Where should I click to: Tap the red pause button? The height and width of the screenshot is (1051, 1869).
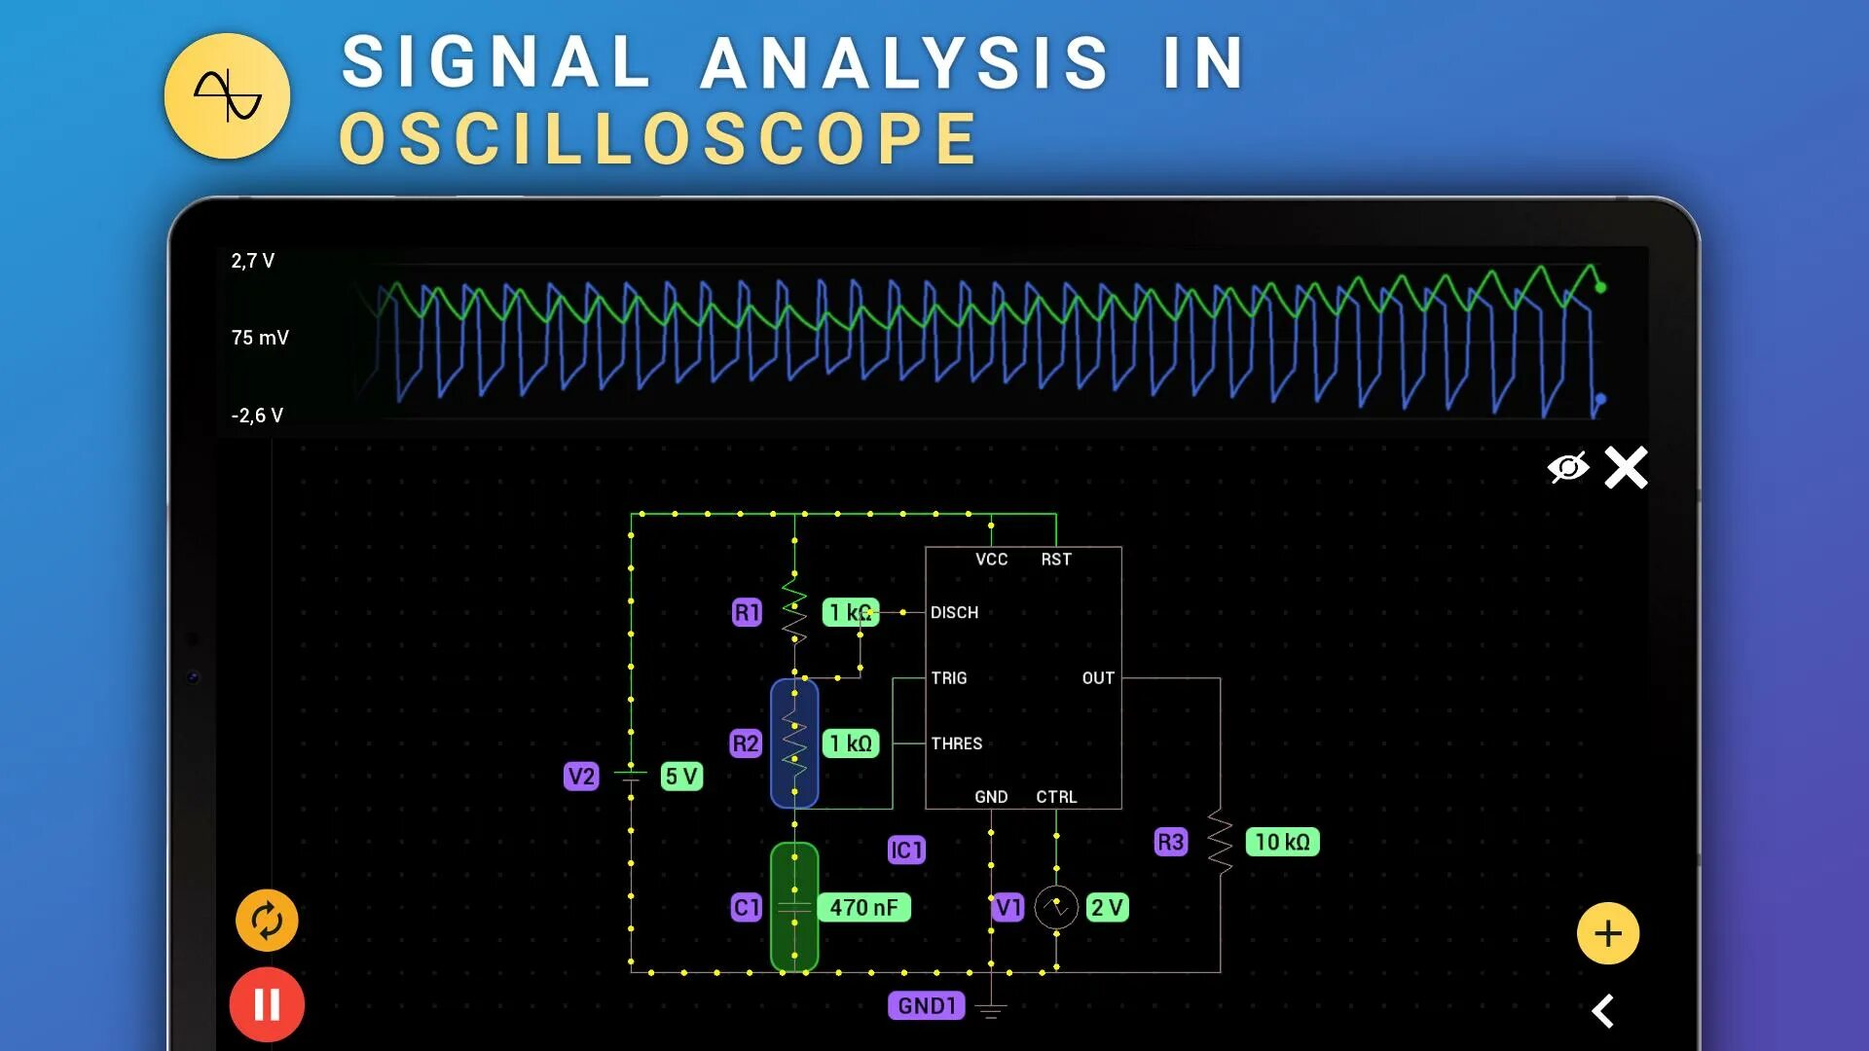[x=267, y=1004]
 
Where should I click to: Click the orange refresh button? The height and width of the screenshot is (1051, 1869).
[x=267, y=920]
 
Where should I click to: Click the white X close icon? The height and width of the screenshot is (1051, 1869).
[x=1626, y=468]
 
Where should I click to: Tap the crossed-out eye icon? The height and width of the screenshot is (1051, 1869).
[x=1567, y=468]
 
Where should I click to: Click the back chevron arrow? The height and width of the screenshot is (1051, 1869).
[x=1603, y=1011]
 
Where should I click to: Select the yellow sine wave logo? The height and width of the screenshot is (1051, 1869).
[x=227, y=95]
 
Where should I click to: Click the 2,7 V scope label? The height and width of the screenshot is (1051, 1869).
[x=253, y=261]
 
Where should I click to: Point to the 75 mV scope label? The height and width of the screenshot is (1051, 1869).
[x=260, y=338]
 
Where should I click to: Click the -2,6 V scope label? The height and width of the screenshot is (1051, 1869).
[x=257, y=416]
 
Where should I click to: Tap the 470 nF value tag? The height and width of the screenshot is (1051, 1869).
[x=863, y=907]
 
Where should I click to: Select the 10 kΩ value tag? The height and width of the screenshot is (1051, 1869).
[x=1282, y=842]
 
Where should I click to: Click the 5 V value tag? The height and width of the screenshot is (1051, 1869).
[x=681, y=777]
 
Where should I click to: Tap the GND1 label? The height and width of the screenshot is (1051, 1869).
[x=926, y=1005]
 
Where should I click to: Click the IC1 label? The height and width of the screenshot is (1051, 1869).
[x=906, y=850]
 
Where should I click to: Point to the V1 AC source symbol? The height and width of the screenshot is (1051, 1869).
[x=1056, y=907]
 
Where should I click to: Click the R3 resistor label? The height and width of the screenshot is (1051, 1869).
[x=1170, y=842]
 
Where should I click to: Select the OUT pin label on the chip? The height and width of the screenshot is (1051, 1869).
[x=1098, y=678]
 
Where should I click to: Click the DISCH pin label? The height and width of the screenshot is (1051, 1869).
[x=954, y=612]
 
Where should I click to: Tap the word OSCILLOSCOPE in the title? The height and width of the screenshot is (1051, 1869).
[x=659, y=138]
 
